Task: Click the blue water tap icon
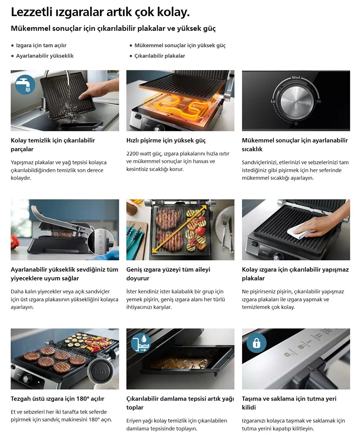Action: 25,84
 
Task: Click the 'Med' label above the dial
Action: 296,77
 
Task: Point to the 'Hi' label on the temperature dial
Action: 319,101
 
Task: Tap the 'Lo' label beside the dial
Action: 273,101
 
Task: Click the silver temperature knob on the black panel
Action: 296,102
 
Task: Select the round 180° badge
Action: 101,371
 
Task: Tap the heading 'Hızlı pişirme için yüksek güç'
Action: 166,141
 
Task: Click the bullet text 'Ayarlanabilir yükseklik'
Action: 45,56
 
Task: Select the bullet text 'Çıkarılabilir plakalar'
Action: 160,56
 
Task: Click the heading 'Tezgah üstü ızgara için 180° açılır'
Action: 58,398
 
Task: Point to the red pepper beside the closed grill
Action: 14,242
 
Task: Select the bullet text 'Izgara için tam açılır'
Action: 41,45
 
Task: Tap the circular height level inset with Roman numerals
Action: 101,242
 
